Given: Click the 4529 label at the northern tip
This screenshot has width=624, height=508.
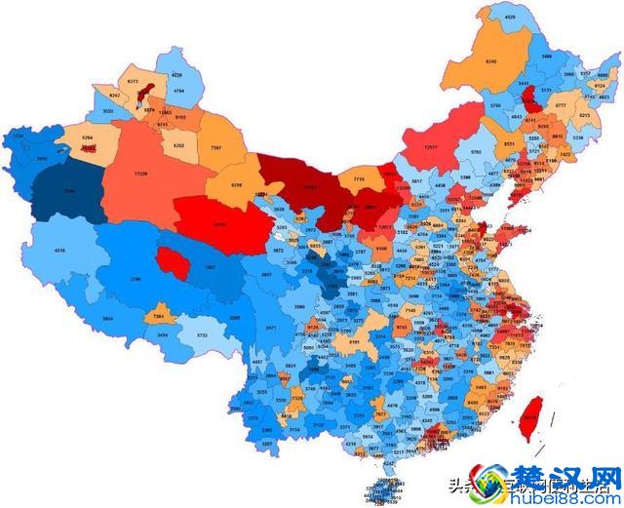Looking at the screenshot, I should pos(510,18).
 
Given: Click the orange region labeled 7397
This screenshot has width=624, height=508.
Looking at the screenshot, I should pos(215,147).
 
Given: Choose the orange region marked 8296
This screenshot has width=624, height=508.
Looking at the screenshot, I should pos(236,184).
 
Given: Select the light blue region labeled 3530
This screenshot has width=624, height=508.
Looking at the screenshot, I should pos(107,112).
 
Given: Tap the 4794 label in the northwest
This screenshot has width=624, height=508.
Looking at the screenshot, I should pos(178,91).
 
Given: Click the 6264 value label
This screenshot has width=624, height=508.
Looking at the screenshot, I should pos(87,138).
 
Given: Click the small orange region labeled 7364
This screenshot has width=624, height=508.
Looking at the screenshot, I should pos(159,317).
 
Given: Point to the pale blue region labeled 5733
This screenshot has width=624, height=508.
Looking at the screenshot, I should pos(202,334).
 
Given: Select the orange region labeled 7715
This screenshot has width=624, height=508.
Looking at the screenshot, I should pos(359,179).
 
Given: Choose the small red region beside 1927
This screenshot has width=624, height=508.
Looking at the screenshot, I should pos(172,262).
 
